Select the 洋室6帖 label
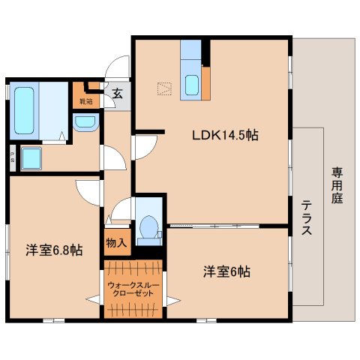point(226,271)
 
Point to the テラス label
point(307,217)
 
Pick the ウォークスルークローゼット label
point(133,289)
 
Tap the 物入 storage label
point(115,243)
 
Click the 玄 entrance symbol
point(118,94)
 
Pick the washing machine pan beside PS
point(32,158)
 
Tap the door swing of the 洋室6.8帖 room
point(88,191)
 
